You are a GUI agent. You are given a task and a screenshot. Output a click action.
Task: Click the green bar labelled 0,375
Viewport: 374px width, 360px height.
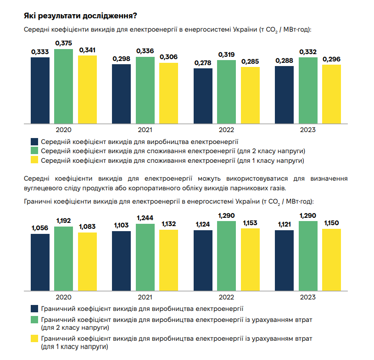pyautogui.click(x=64, y=86)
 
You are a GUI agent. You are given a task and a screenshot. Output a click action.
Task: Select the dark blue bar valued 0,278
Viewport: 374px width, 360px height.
pyautogui.click(x=203, y=96)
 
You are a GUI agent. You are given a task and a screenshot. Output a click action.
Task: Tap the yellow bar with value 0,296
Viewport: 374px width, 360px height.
pyautogui.click(x=332, y=94)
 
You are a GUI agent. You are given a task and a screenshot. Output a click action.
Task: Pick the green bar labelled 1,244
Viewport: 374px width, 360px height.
pyautogui.click(x=145, y=257)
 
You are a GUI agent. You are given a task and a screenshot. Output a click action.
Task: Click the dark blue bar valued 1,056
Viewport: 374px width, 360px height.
pyautogui.click(x=40, y=262)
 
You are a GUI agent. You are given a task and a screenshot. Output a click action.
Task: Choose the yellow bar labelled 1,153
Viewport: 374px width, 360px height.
pyautogui.click(x=250, y=259)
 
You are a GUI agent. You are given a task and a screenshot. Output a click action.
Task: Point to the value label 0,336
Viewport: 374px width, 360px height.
pyautogui.click(x=145, y=50)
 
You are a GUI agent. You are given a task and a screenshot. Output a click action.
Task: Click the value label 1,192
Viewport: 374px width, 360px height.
pyautogui.click(x=63, y=221)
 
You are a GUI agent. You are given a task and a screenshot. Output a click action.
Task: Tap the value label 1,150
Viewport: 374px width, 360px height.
pyautogui.click(x=332, y=223)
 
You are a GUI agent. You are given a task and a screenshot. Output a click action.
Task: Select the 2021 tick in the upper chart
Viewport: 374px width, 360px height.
pyautogui.click(x=145, y=130)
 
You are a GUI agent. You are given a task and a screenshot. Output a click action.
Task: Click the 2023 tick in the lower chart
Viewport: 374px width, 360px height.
pyautogui.click(x=308, y=297)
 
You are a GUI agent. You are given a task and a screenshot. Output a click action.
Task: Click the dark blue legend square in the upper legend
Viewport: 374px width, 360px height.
pyautogui.click(x=34, y=141)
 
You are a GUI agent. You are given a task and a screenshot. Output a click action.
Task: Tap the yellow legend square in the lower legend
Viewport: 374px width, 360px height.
pyautogui.click(x=34, y=339)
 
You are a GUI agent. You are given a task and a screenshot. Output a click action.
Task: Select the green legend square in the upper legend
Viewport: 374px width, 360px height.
pyautogui.click(x=34, y=150)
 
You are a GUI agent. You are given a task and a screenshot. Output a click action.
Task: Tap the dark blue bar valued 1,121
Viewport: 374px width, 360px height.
pyautogui.click(x=284, y=260)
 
